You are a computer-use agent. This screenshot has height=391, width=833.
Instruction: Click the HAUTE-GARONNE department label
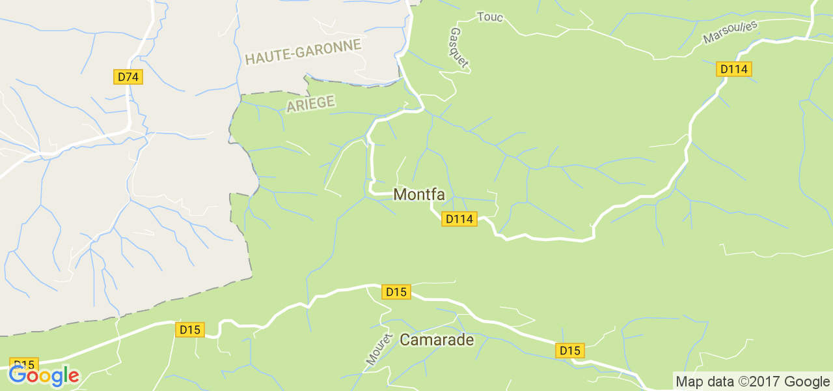point(303,51)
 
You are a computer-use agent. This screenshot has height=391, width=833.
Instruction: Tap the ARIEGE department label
point(310,104)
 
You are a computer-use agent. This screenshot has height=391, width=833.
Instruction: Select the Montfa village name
point(419,195)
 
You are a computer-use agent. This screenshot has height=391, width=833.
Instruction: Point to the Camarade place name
point(437,340)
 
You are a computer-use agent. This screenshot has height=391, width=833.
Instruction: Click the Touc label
point(490,17)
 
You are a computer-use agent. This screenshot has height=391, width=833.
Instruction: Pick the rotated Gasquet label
point(459,48)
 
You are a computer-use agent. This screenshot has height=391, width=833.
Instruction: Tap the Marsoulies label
point(731,33)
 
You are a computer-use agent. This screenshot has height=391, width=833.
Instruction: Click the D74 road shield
point(128,77)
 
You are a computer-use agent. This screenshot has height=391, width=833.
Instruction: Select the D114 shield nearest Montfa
point(459,219)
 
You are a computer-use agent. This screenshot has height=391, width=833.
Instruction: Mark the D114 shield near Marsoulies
point(734,68)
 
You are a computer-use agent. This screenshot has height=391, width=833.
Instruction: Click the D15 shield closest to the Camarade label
point(396,292)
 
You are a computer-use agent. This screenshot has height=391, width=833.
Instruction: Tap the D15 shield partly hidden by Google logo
point(24,364)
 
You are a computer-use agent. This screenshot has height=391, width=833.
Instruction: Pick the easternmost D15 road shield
point(569,351)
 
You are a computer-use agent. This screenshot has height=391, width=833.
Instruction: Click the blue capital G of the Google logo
point(17,375)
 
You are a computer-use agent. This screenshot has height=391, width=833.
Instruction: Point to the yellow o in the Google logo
point(46,377)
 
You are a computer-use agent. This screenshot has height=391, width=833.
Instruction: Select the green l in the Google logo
point(66,375)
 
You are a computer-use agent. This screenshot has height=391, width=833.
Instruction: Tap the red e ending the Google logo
point(74,377)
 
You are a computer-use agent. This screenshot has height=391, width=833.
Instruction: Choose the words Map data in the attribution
point(703,382)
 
